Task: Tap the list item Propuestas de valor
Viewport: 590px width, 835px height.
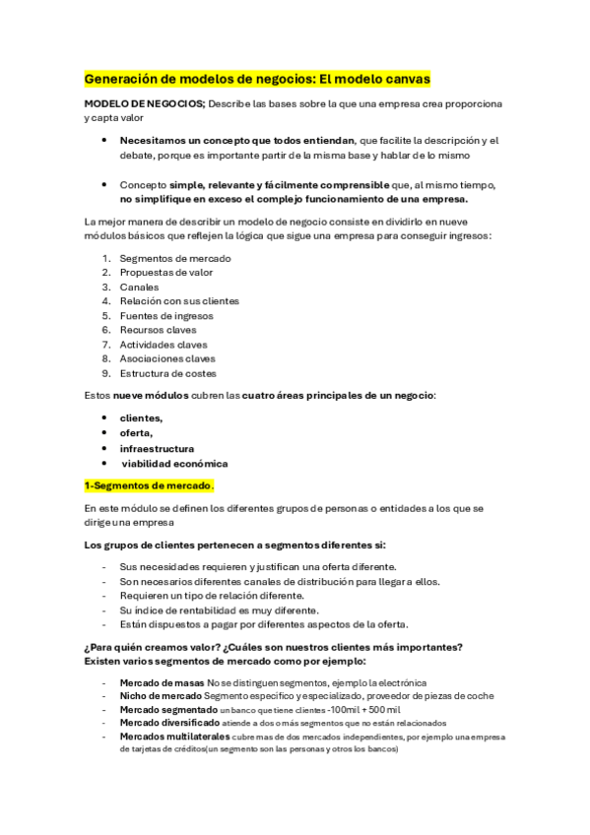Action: coord(165,273)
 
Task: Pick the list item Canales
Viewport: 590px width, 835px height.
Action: coord(140,287)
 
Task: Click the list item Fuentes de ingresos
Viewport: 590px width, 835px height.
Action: coord(165,316)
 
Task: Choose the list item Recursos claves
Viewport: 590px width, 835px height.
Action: coord(158,330)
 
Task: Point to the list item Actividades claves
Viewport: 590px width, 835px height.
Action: coord(164,345)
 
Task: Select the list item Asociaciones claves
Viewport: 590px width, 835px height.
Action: coord(167,359)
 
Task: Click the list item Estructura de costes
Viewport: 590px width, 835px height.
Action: coord(167,373)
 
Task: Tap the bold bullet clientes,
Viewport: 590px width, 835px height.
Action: coord(142,418)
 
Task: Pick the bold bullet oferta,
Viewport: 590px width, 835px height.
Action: coord(136,433)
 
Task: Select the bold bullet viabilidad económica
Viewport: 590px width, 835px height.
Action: coord(175,463)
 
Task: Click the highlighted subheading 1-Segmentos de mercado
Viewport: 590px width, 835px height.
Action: coord(149,485)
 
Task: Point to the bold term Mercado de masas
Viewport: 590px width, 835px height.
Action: coord(162,682)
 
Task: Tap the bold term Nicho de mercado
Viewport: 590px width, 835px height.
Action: coord(160,696)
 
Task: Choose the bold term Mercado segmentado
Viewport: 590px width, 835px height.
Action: coord(168,710)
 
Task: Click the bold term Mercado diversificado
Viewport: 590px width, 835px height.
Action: coord(170,723)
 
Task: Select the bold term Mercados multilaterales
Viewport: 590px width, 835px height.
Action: coord(174,737)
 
